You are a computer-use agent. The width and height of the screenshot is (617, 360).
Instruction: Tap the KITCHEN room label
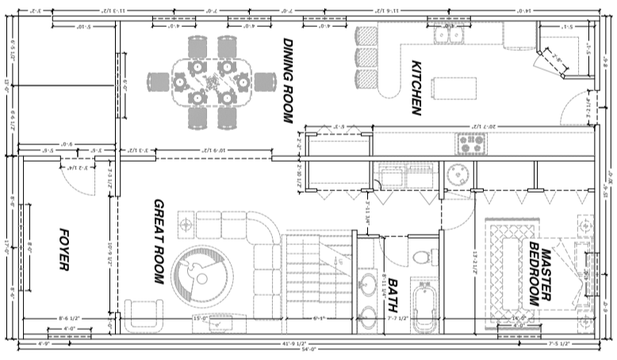(x=416, y=87)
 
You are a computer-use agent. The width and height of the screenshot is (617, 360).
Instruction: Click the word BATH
(x=392, y=289)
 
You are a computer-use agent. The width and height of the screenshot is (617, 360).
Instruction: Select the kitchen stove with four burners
(x=470, y=144)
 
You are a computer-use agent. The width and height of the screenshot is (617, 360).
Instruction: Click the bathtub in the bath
(x=423, y=304)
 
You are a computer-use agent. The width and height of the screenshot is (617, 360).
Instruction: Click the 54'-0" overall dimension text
(x=307, y=349)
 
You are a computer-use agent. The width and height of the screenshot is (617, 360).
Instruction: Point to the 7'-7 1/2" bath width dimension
(x=398, y=319)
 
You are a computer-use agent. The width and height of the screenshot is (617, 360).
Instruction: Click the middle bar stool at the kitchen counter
(x=366, y=58)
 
